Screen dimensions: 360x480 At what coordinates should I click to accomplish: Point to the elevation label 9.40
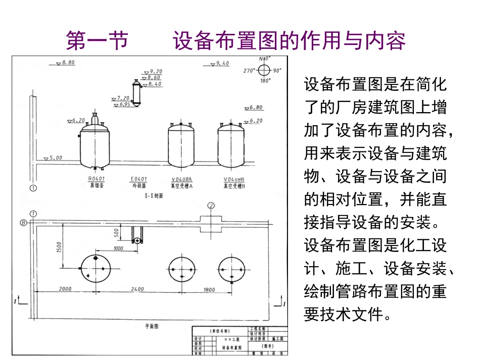coord(222,63)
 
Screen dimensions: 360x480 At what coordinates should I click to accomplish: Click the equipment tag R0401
coord(95,179)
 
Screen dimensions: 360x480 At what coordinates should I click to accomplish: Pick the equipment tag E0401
coord(138,179)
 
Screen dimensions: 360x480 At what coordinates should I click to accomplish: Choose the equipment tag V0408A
coord(181,179)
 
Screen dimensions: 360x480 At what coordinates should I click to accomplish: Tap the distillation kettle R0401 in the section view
coord(94,144)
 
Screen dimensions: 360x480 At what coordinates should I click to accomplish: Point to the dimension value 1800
coord(209,289)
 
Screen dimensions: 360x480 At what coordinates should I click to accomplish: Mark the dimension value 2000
coord(65,289)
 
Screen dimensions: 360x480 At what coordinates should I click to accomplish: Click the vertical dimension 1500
coord(59,247)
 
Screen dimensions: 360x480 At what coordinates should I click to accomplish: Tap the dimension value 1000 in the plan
coord(118,248)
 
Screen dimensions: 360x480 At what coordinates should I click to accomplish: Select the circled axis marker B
coord(23,222)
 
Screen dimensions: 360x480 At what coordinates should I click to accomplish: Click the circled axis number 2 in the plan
coord(211,205)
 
